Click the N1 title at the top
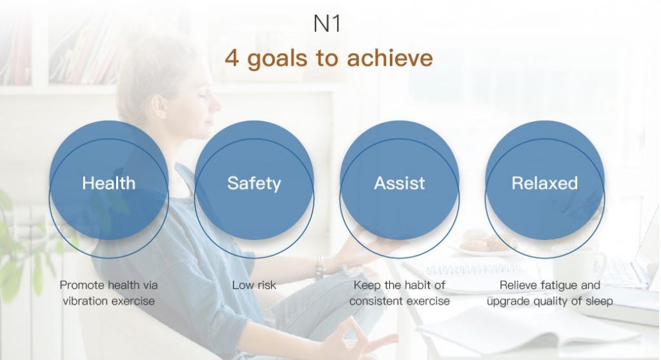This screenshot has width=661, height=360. (x=327, y=24)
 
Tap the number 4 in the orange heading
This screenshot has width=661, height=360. (x=232, y=58)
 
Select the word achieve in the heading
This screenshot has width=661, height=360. (x=390, y=57)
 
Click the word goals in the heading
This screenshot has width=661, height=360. (x=278, y=59)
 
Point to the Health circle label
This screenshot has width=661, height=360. (x=108, y=183)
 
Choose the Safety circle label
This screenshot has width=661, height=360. (x=254, y=184)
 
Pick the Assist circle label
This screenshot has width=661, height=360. (x=400, y=183)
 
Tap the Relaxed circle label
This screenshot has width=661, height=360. (x=545, y=183)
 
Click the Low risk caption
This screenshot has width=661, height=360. (x=254, y=285)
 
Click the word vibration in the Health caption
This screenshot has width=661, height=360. (x=83, y=301)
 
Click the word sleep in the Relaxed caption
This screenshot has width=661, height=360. (x=599, y=302)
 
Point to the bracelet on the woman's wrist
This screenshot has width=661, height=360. (x=320, y=267)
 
